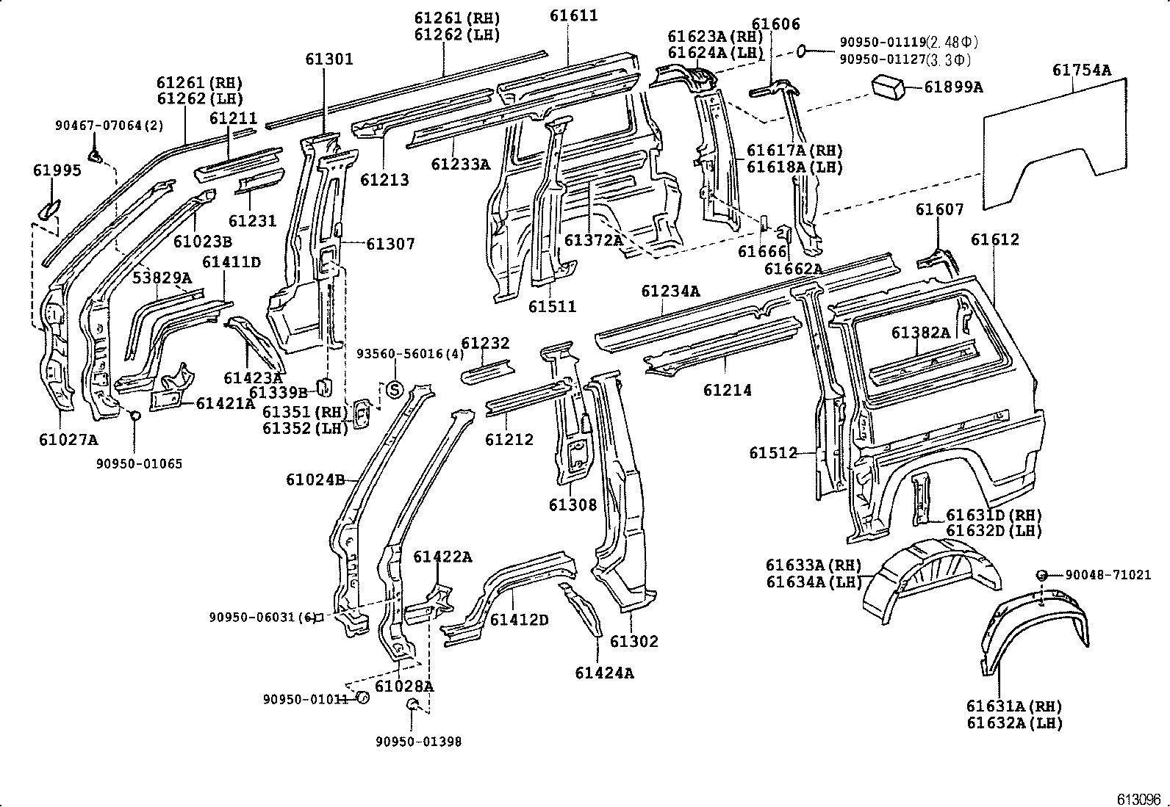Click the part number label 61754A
click(x=1081, y=70)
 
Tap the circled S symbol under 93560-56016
click(x=395, y=389)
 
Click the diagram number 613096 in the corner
click(x=1138, y=798)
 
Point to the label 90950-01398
click(x=418, y=742)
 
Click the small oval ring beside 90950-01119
click(x=803, y=50)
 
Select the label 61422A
click(x=442, y=557)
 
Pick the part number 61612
click(x=994, y=239)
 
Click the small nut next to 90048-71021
click(x=1042, y=575)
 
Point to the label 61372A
click(x=593, y=239)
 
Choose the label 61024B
click(x=315, y=480)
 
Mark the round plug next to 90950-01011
click(x=362, y=698)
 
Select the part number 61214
click(x=727, y=390)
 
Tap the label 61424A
click(x=604, y=672)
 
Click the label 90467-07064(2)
click(x=110, y=126)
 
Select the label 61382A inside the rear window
click(x=920, y=333)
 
